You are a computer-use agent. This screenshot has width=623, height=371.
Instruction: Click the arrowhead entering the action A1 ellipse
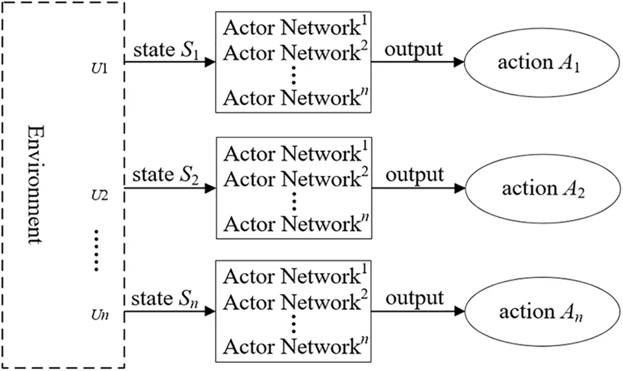pos(459,62)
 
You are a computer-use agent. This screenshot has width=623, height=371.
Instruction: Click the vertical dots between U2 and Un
pos(96,249)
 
